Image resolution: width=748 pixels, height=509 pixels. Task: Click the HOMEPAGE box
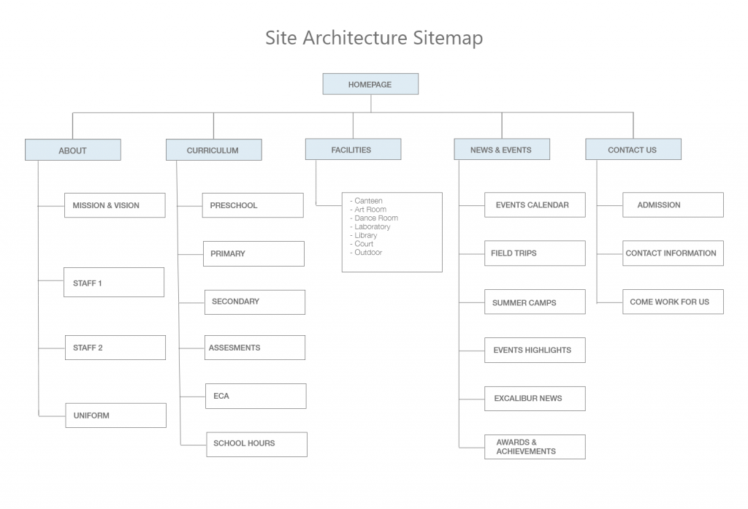[x=370, y=84]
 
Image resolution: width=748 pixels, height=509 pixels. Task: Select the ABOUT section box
[x=72, y=150]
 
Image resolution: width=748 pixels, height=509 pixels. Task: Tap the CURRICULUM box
[x=213, y=150]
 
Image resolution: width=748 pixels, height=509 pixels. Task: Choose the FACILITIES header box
[x=353, y=149]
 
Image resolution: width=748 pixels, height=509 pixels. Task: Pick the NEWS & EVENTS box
[x=501, y=149]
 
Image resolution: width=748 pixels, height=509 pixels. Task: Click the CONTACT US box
[x=633, y=149]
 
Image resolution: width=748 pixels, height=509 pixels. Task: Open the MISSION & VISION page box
[x=115, y=205]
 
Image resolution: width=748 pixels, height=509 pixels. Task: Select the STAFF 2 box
[x=115, y=348]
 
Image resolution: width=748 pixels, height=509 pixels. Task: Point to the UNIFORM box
[x=115, y=416]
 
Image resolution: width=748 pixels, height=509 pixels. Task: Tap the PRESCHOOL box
[x=253, y=205]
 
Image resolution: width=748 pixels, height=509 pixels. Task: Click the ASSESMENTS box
[x=255, y=348]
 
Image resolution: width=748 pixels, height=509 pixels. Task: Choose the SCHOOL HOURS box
[x=256, y=444]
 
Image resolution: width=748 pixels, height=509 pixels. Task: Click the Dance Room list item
[x=375, y=218]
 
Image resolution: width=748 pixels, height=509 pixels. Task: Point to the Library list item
[x=365, y=235]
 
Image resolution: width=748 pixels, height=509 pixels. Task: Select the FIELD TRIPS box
[x=535, y=253]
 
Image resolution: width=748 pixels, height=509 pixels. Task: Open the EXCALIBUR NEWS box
[x=535, y=399]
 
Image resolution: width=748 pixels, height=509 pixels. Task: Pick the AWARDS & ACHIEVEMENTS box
[x=535, y=447]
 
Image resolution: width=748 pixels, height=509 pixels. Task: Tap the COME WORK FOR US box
[x=673, y=302]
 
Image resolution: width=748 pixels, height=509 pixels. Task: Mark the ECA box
[x=256, y=396]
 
